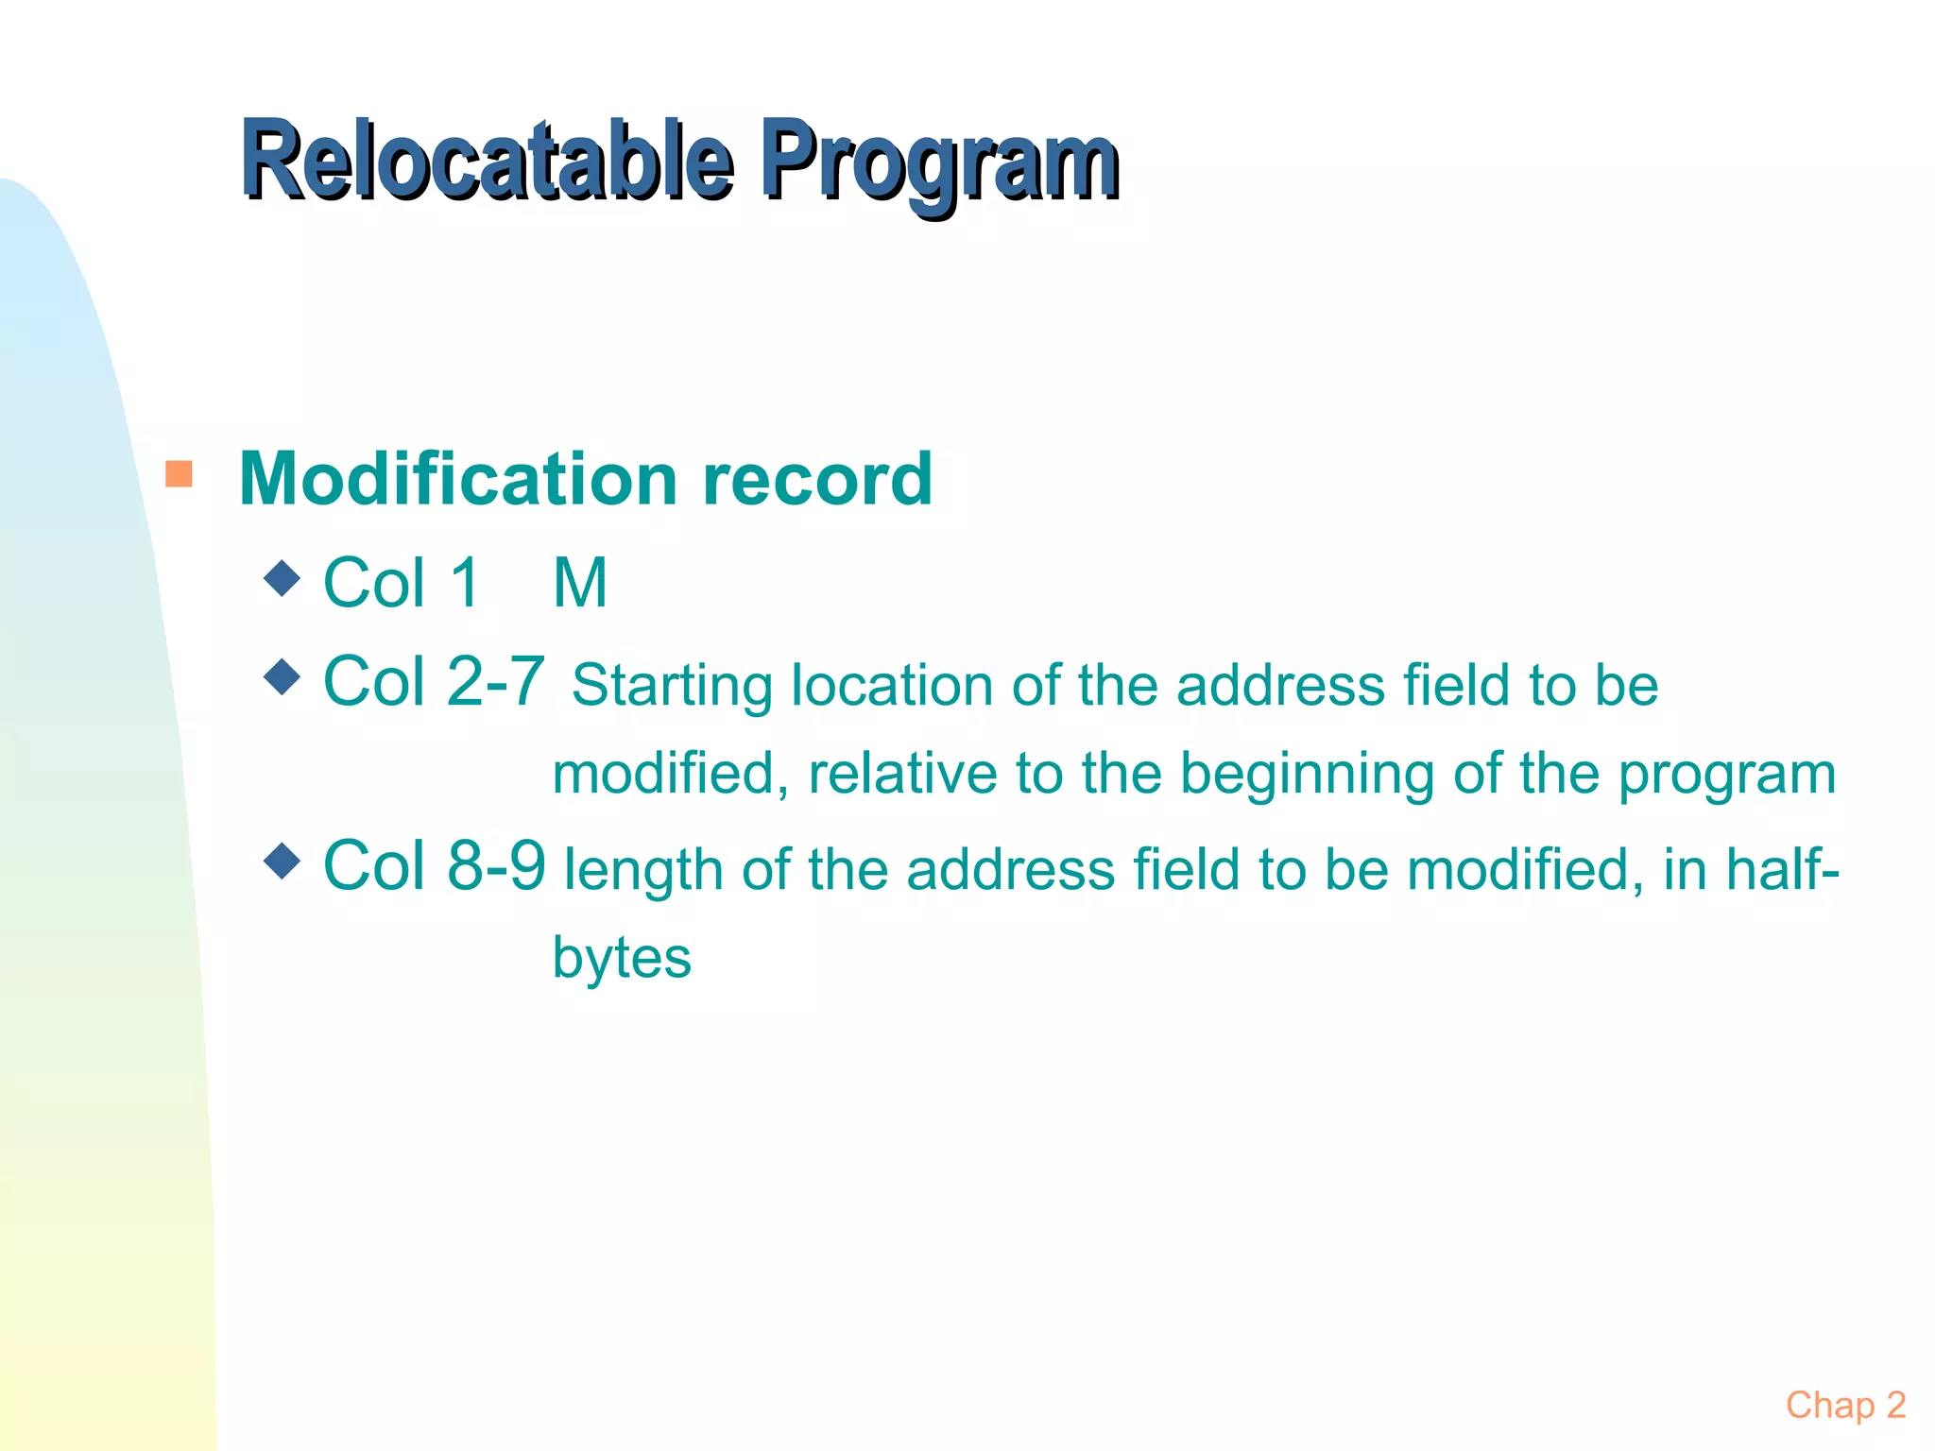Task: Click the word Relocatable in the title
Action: pyautogui.click(x=487, y=161)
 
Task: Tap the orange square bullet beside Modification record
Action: pyautogui.click(x=179, y=473)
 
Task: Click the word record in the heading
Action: pyautogui.click(x=816, y=480)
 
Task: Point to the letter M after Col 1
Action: pyautogui.click(x=579, y=583)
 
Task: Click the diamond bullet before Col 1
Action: pyautogui.click(x=283, y=577)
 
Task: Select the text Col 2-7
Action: pyautogui.click(x=434, y=680)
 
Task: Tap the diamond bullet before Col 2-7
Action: pyautogui.click(x=283, y=675)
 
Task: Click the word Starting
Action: pyautogui.click(x=672, y=686)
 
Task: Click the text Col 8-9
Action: pyautogui.click(x=434, y=864)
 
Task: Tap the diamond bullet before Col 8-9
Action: pyautogui.click(x=283, y=861)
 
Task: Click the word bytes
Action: pyautogui.click(x=622, y=958)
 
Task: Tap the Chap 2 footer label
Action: pyautogui.click(x=1844, y=1405)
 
